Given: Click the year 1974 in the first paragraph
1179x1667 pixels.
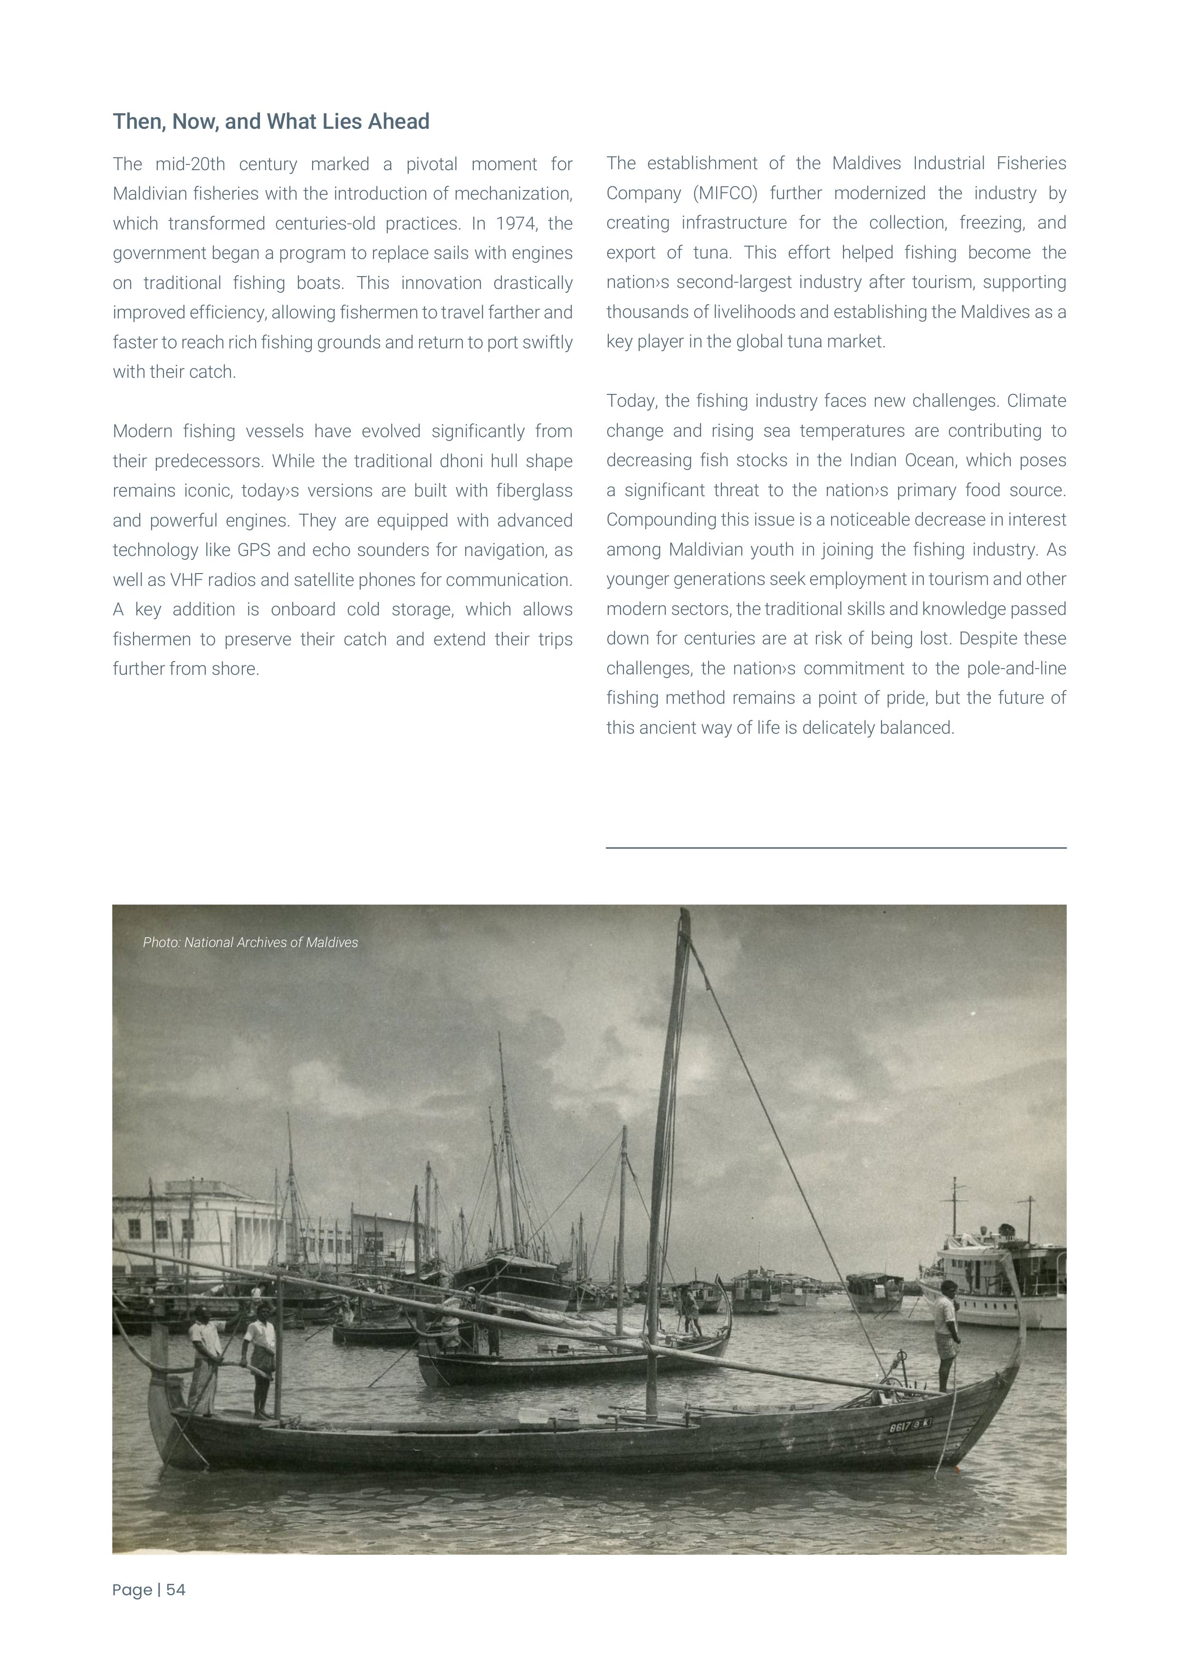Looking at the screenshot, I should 514,224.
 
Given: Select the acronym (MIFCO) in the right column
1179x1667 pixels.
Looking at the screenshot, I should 723,193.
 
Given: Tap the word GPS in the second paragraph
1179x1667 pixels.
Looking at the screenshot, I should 253,550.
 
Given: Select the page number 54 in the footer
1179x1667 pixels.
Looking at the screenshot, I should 176,1590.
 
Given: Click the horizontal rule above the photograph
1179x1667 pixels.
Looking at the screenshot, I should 835,847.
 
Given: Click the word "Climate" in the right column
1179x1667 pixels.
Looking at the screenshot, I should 1037,401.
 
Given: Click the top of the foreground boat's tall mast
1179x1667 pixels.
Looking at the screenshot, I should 683,915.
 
